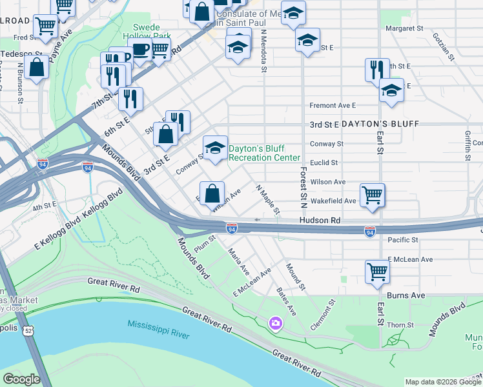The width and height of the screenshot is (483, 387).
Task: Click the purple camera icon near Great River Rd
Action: click(276, 322)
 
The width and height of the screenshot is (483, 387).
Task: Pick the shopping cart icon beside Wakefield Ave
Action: click(372, 194)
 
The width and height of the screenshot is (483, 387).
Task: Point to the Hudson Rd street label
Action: click(319, 221)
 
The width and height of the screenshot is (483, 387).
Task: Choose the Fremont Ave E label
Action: click(333, 105)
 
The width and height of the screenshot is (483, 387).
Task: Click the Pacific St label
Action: click(404, 239)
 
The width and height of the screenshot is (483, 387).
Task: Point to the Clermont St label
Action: click(324, 314)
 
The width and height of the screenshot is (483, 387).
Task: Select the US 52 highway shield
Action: click(28, 331)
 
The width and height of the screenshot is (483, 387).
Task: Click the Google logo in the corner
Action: click(21, 379)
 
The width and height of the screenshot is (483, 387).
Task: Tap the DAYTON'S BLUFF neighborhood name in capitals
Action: click(381, 123)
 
